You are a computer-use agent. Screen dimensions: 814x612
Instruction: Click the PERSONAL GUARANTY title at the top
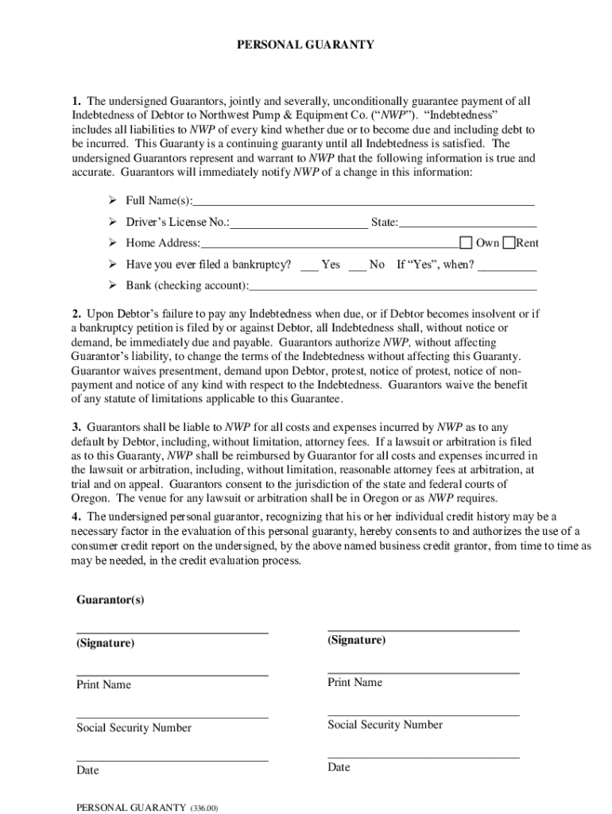tap(306, 45)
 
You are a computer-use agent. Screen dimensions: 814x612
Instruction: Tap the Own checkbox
tap(467, 242)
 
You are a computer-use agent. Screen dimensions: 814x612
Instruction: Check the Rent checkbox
tap(509, 242)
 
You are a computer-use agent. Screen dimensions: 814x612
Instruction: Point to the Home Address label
tap(163, 243)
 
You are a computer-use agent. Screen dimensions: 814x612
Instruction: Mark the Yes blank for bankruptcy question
tap(310, 265)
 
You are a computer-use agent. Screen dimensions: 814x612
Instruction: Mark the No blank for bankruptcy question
tap(358, 265)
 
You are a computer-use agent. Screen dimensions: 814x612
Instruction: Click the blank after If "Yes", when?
tap(507, 266)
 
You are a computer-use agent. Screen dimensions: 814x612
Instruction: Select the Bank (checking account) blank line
tap(393, 286)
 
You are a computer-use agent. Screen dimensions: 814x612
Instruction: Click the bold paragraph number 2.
tap(76, 314)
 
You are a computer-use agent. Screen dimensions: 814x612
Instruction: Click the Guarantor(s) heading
tap(110, 599)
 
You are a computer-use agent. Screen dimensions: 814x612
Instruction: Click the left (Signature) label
tap(106, 643)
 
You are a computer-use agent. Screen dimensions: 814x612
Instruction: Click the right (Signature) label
tap(356, 640)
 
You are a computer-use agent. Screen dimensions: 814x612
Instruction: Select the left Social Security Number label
tap(134, 727)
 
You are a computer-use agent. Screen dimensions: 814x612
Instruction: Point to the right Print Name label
tap(354, 682)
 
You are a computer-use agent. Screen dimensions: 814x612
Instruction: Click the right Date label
tap(339, 767)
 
